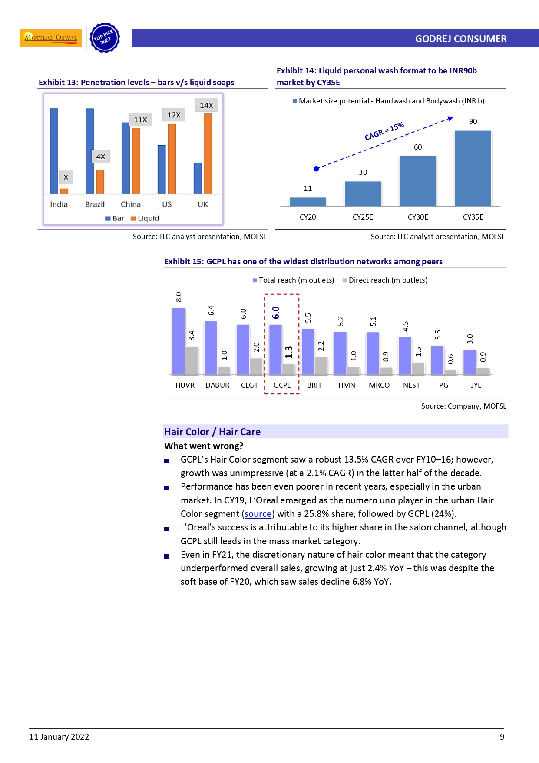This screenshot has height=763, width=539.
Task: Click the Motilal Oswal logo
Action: point(50,38)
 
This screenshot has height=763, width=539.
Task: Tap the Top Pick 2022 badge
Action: point(104,38)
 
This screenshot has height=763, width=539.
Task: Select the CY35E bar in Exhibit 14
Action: point(473,168)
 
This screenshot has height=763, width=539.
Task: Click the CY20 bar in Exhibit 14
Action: point(308,202)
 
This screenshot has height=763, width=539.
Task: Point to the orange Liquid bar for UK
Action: point(208,153)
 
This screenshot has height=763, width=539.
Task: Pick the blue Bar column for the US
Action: point(162,170)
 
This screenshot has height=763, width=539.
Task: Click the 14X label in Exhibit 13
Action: point(206,105)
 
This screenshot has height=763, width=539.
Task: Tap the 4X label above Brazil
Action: point(100,157)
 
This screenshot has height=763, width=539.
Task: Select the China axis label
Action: point(131,204)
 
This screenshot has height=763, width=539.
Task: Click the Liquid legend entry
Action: point(145,218)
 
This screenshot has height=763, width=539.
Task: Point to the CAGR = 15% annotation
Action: point(384,131)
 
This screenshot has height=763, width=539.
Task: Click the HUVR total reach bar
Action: point(179,341)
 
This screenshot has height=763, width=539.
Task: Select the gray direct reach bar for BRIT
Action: point(321,366)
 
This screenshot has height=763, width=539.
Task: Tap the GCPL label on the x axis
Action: point(282,385)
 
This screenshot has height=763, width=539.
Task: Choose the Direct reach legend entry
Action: point(385,280)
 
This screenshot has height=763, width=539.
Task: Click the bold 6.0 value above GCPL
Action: point(276,312)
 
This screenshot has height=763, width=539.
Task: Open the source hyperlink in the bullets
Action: point(258,514)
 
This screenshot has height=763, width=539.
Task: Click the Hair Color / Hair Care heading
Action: point(212,432)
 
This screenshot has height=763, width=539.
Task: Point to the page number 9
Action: point(502,736)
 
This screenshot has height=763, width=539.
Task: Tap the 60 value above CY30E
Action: point(418,147)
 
